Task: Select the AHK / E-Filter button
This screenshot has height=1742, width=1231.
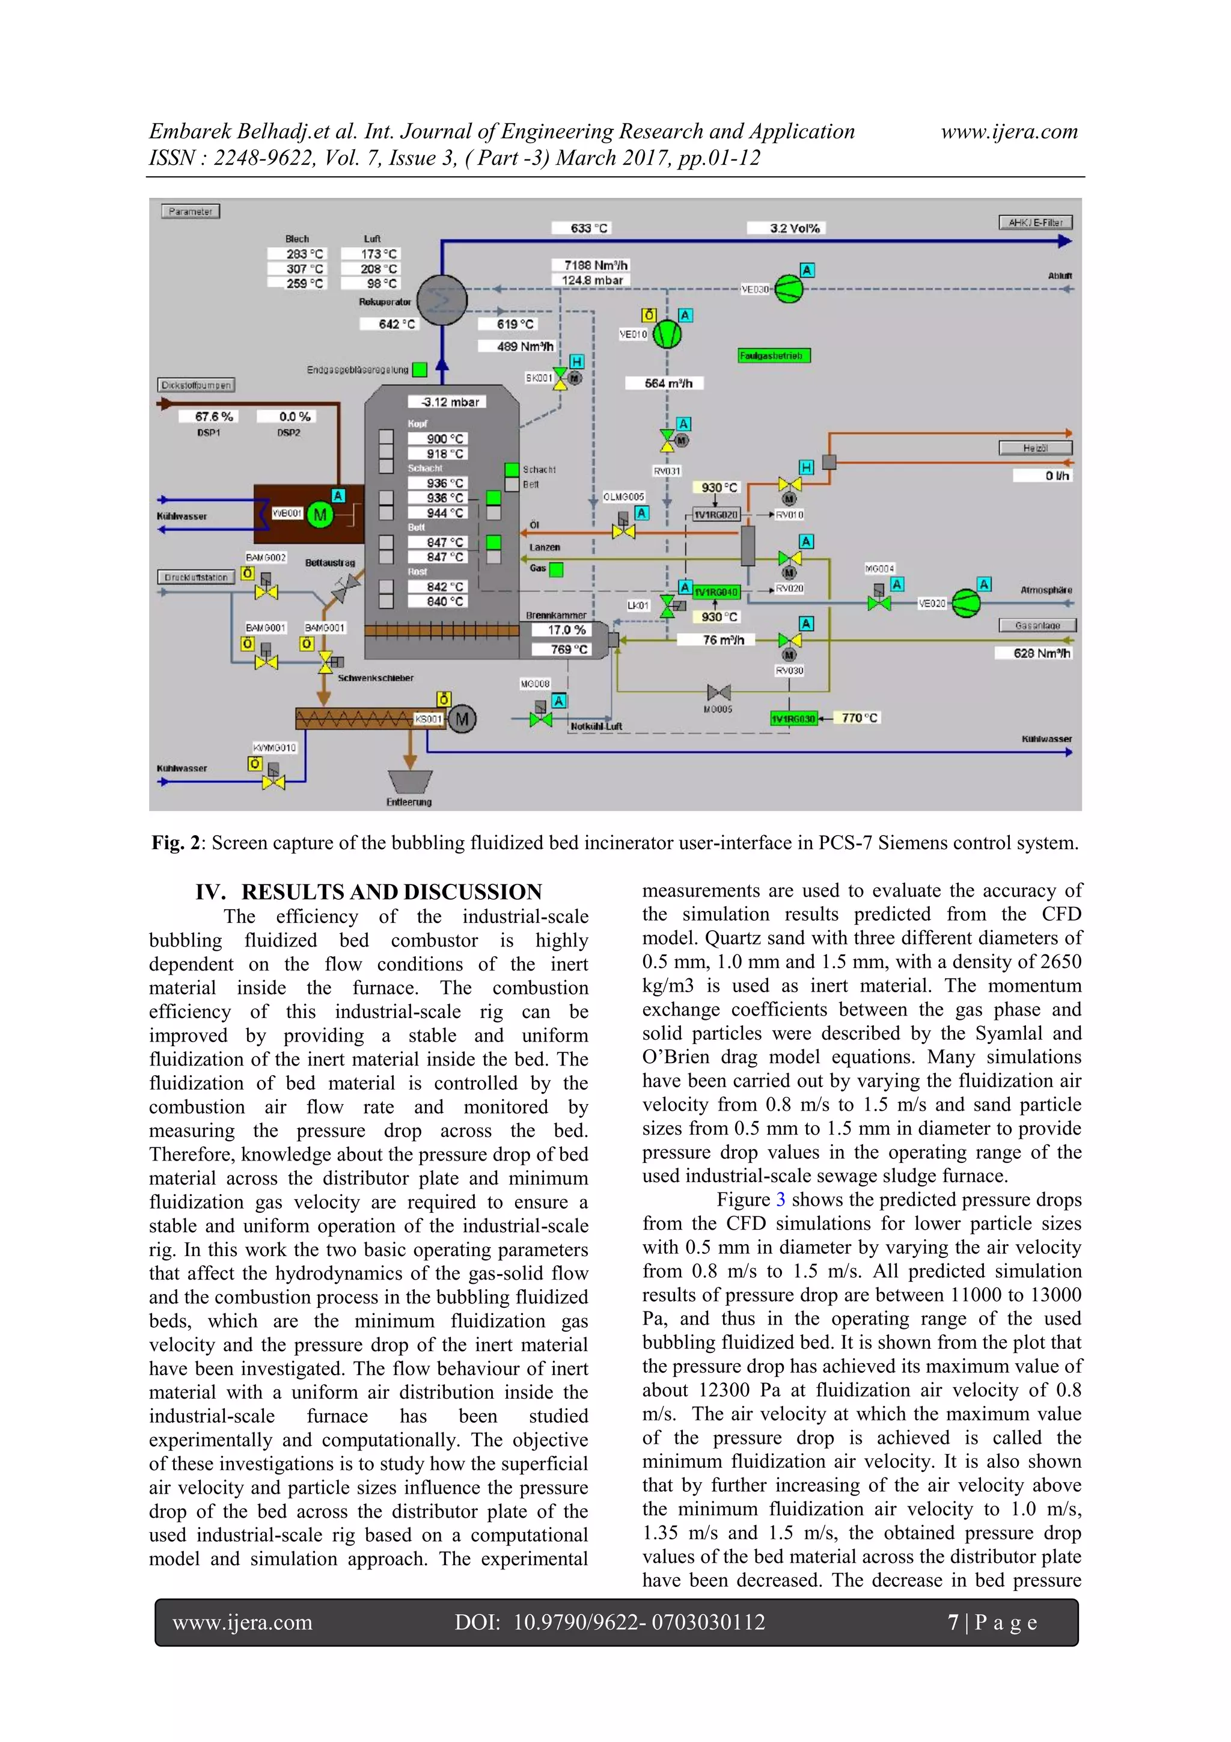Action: tap(1034, 222)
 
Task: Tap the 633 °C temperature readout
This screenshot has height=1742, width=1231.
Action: tap(589, 228)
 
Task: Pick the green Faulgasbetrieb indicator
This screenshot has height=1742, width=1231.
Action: tap(774, 355)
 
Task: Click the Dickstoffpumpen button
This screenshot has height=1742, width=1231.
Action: tap(197, 385)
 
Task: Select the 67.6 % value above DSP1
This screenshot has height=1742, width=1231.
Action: tap(214, 417)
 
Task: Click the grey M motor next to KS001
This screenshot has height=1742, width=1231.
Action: tap(462, 719)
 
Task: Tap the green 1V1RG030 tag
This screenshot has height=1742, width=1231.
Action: tap(793, 718)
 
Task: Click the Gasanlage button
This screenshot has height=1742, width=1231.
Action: tap(1037, 626)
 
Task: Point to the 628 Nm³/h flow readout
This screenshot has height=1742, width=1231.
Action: tap(1042, 653)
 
